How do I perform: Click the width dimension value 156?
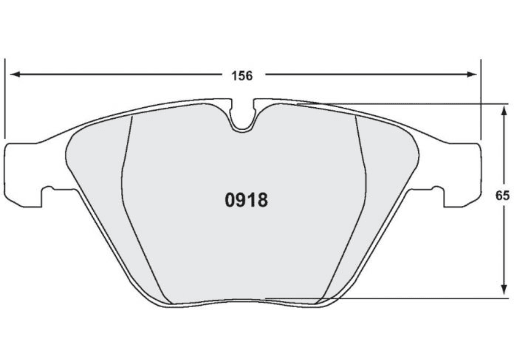pyautogui.click(x=242, y=76)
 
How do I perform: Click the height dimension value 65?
pyautogui.click(x=502, y=196)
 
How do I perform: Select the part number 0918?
pyautogui.click(x=246, y=200)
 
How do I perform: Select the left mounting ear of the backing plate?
pyautogui.click(x=20, y=174)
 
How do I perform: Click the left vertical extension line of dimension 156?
pyautogui.click(x=5, y=98)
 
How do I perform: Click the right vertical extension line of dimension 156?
pyautogui.click(x=481, y=98)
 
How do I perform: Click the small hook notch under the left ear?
pyautogui.click(x=49, y=190)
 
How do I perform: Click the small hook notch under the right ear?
pyautogui.click(x=436, y=190)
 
